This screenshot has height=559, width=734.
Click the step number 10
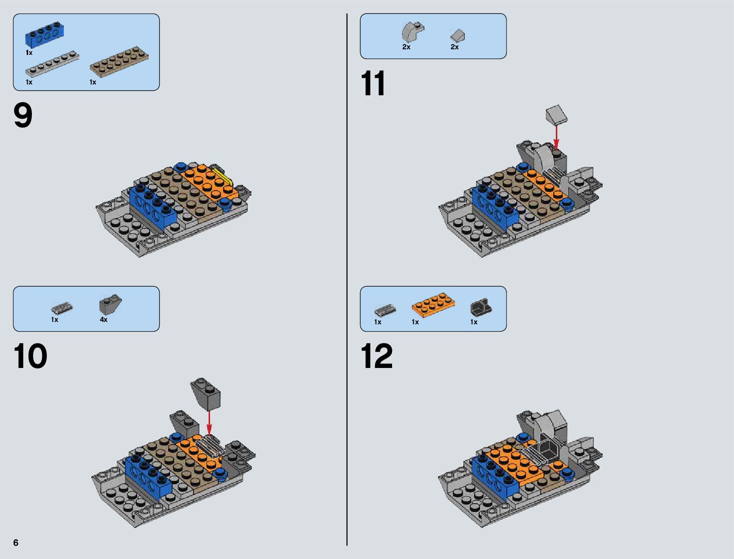tap(30, 356)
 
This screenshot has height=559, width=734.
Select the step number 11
tap(373, 83)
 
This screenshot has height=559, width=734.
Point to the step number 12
tap(377, 356)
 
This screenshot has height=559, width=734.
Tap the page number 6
tap(16, 543)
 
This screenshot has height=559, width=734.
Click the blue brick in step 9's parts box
tap(45, 34)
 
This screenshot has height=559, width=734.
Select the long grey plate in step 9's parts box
tap(53, 64)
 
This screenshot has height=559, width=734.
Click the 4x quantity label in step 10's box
tap(104, 320)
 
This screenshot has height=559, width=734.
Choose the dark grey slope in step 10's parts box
tap(110, 304)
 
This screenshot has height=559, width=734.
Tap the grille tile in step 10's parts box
tap(62, 308)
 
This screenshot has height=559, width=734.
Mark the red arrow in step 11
tap(556, 138)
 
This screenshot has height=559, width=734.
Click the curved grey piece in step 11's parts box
tap(413, 32)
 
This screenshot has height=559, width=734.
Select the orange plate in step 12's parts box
tap(433, 305)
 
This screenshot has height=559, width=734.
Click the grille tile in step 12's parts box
tap(385, 310)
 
